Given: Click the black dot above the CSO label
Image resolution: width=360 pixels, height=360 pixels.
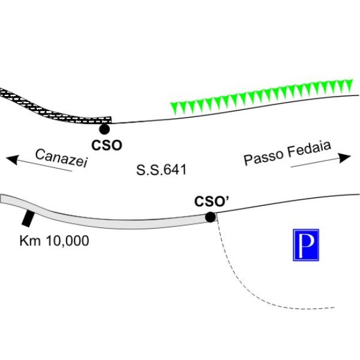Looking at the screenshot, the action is pos(104,129).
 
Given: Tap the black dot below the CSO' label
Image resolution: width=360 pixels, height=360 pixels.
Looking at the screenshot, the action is pos(210,217).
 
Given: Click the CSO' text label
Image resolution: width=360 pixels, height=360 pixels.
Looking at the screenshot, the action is pos(212,202).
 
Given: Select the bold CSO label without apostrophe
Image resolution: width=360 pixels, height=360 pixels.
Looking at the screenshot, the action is pos(107,145).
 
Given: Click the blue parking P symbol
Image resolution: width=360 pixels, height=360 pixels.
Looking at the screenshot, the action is pos(306,245).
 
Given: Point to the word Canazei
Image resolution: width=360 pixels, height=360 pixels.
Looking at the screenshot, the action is pos(62,158).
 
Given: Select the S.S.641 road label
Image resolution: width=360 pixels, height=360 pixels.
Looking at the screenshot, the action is pos(161,170).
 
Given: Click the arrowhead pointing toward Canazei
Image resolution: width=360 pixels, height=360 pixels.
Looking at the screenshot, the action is pos(12,160).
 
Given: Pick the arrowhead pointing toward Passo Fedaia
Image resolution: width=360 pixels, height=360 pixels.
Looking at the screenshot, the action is pos(344,157).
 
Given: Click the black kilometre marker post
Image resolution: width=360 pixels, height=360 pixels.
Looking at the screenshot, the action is pos(28,219).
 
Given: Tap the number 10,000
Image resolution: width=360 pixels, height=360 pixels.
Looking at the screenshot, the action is pos(67,241).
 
